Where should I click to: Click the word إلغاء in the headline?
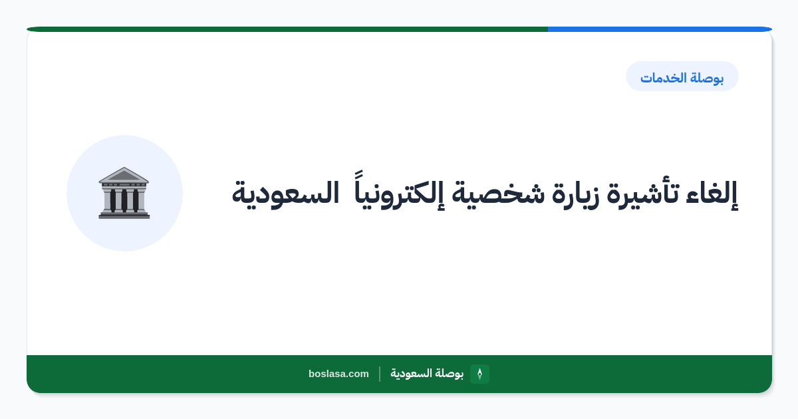712,194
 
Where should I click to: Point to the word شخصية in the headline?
498,194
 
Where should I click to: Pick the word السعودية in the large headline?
285,194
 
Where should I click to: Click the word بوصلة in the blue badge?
708,78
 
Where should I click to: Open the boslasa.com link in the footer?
338,374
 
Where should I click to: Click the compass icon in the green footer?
479,374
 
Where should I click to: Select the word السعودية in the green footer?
412,373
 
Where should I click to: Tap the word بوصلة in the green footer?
450,374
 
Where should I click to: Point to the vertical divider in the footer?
380,374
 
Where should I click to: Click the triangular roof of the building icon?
124,174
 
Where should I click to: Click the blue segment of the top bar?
660,29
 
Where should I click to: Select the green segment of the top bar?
287,29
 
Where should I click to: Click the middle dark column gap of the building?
124,200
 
